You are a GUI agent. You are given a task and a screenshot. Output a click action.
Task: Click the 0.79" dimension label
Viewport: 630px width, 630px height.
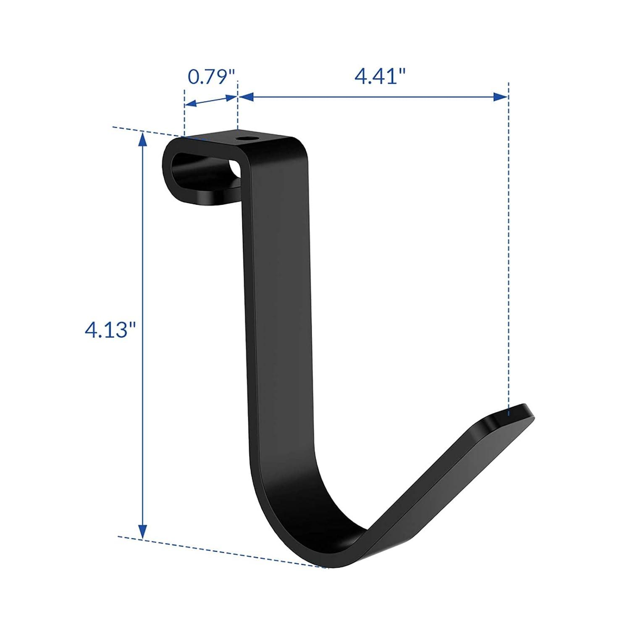[x=211, y=77]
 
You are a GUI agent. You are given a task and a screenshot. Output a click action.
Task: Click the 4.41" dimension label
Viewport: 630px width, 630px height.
[x=380, y=76]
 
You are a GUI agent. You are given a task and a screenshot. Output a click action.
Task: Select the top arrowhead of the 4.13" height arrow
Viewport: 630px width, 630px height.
[x=143, y=139]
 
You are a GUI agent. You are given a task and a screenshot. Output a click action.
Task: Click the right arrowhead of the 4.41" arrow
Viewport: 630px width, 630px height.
[x=501, y=97]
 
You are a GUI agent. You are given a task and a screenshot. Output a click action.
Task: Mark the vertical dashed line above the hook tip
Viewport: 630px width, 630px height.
[x=509, y=252]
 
